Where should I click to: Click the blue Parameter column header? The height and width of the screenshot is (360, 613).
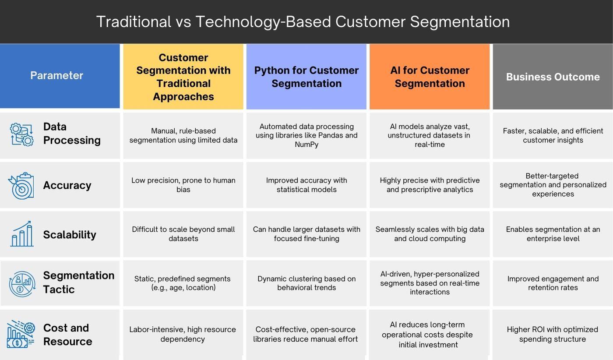57,76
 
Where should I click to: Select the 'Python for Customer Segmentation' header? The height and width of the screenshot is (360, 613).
306,77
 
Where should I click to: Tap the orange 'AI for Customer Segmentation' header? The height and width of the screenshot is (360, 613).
430,77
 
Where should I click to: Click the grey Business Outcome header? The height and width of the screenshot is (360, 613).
553,77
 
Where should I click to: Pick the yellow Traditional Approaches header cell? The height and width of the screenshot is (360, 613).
183,77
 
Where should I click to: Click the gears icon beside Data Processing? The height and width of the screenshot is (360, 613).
21,134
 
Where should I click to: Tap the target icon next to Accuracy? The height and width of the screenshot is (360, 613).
21,186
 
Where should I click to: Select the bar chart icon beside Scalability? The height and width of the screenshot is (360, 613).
21,234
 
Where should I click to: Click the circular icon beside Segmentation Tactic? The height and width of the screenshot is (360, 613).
22,284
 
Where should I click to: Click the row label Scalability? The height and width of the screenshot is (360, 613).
70,235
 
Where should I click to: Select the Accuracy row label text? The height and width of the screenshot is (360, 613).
67,185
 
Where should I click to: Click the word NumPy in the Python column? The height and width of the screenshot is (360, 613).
306,145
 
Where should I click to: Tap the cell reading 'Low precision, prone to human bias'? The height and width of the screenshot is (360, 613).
183,185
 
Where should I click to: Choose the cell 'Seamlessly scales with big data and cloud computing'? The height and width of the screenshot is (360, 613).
430,234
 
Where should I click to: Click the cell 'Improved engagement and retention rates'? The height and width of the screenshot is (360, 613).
553,283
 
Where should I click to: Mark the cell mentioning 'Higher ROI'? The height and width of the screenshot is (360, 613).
553,334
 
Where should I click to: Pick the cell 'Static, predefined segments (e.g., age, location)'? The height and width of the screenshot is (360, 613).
183,283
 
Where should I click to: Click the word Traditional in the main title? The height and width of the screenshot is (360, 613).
134,22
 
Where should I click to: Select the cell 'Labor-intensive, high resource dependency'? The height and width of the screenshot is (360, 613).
183,334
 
